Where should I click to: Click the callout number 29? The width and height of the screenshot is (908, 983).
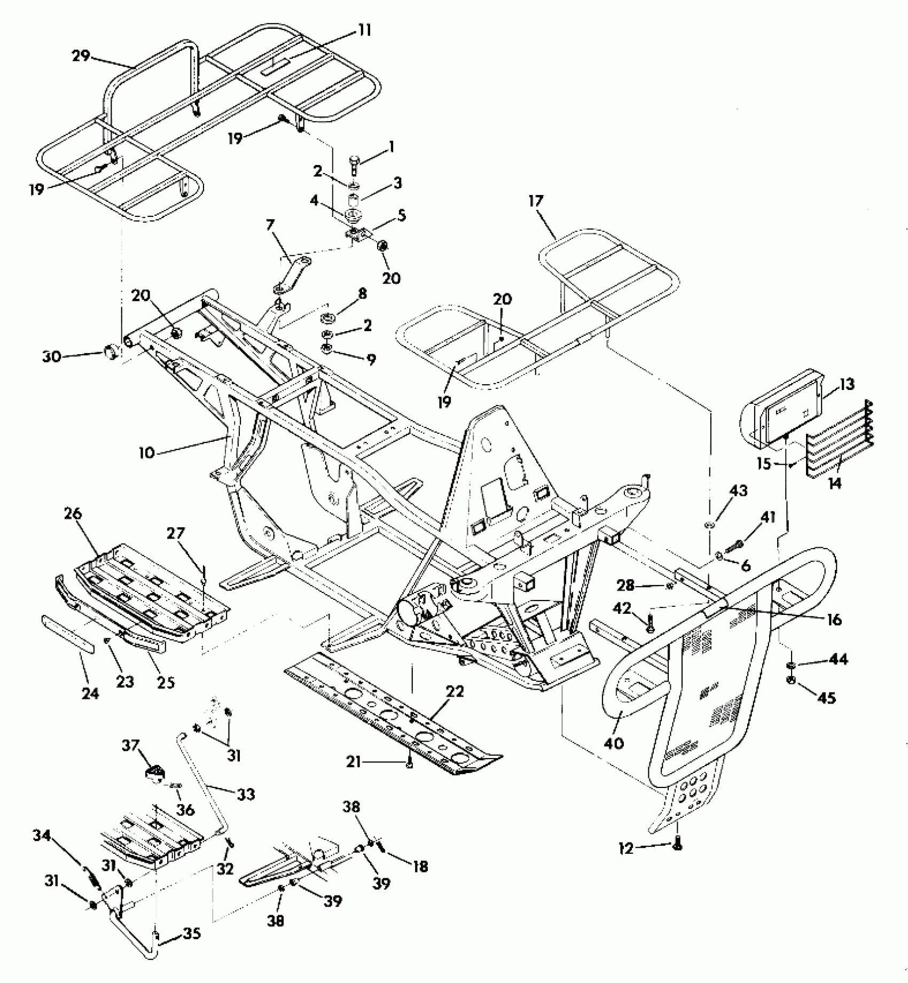[x=81, y=56]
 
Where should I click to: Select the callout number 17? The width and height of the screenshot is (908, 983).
[x=536, y=201]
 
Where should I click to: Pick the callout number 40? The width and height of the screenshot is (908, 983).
[x=615, y=743]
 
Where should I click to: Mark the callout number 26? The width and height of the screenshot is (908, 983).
[x=73, y=513]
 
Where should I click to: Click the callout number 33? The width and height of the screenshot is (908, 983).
[x=246, y=794]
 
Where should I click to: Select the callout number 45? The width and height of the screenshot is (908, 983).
[x=827, y=697]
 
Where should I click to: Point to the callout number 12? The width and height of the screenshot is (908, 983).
[x=626, y=848]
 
